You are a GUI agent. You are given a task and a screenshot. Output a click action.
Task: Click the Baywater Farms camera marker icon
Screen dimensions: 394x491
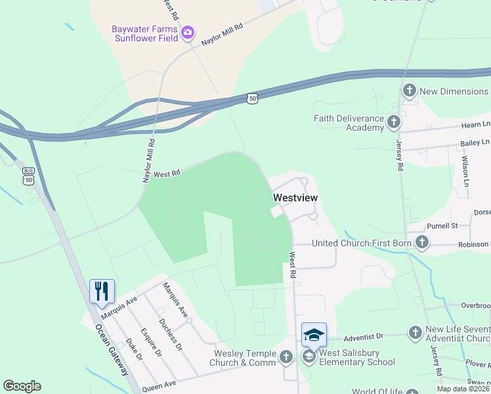pos(188,32)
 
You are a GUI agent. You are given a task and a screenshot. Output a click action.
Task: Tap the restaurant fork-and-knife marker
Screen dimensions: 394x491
pos(102,290)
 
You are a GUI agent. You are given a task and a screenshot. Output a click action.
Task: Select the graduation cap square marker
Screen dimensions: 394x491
pos(314,334)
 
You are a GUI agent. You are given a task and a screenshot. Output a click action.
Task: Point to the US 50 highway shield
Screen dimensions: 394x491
pos(253,98)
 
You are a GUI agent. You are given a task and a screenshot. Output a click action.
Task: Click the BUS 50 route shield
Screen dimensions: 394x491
pos(28,177)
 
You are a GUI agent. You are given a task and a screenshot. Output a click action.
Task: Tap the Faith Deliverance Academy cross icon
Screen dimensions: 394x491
pos(393,122)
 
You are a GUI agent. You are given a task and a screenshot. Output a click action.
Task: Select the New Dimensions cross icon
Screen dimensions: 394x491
pos(410,91)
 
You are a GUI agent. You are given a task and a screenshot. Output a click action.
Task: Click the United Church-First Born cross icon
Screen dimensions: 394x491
pos(421,244)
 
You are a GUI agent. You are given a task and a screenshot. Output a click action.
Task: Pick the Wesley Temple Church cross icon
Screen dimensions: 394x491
pos(286,357)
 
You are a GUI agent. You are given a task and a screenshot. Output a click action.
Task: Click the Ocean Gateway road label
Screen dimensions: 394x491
pos(111,349)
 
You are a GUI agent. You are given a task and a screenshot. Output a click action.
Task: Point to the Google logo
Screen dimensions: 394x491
pos(22,386)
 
